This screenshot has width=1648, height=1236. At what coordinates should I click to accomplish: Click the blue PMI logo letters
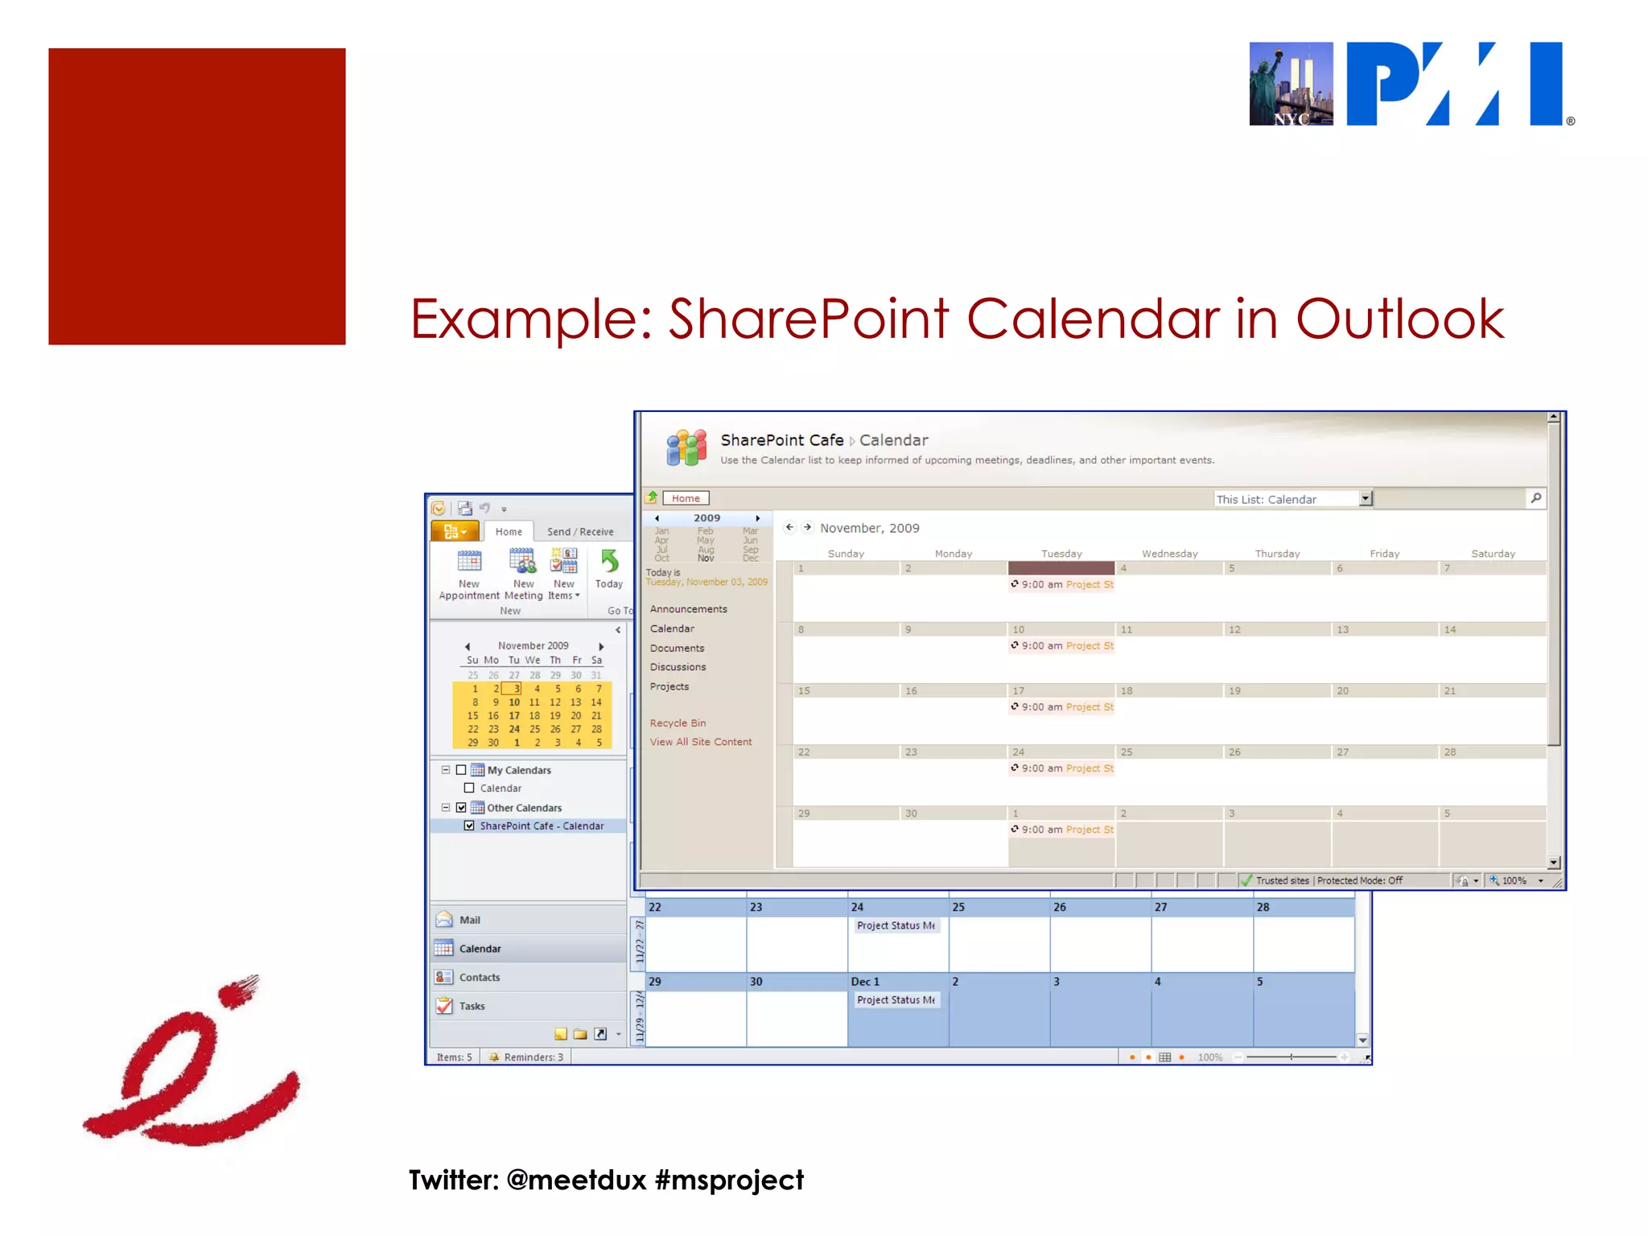point(1455,84)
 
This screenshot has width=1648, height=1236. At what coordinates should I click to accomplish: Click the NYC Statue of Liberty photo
point(1291,84)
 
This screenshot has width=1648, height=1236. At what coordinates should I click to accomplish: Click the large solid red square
point(196,196)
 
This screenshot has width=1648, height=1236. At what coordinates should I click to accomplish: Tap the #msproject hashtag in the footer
point(729,1180)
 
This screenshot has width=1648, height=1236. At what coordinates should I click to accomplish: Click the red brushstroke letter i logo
point(192,1062)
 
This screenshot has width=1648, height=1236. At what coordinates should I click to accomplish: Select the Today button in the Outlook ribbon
point(609,569)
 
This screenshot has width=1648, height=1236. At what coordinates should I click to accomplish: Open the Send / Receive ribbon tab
point(580,532)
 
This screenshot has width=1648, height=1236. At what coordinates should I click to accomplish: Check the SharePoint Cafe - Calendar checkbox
point(469,826)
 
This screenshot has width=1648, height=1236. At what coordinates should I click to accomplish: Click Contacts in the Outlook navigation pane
point(480,977)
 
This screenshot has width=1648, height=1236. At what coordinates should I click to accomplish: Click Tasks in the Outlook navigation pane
point(472,1006)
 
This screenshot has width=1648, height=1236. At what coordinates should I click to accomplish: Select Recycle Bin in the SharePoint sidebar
point(678,723)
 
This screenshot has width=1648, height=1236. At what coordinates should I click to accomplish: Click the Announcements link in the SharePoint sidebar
point(688,609)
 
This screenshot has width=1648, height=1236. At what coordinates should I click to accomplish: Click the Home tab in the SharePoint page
point(686,498)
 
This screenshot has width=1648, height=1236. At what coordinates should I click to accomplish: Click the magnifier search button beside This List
point(1535,498)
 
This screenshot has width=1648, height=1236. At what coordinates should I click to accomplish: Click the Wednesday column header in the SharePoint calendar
point(1169,554)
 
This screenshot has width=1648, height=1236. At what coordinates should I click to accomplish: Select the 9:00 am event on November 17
point(1062,707)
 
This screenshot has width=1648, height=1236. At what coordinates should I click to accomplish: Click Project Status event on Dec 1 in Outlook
point(896,999)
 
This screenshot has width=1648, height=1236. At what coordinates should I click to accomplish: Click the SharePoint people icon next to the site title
point(686,447)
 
